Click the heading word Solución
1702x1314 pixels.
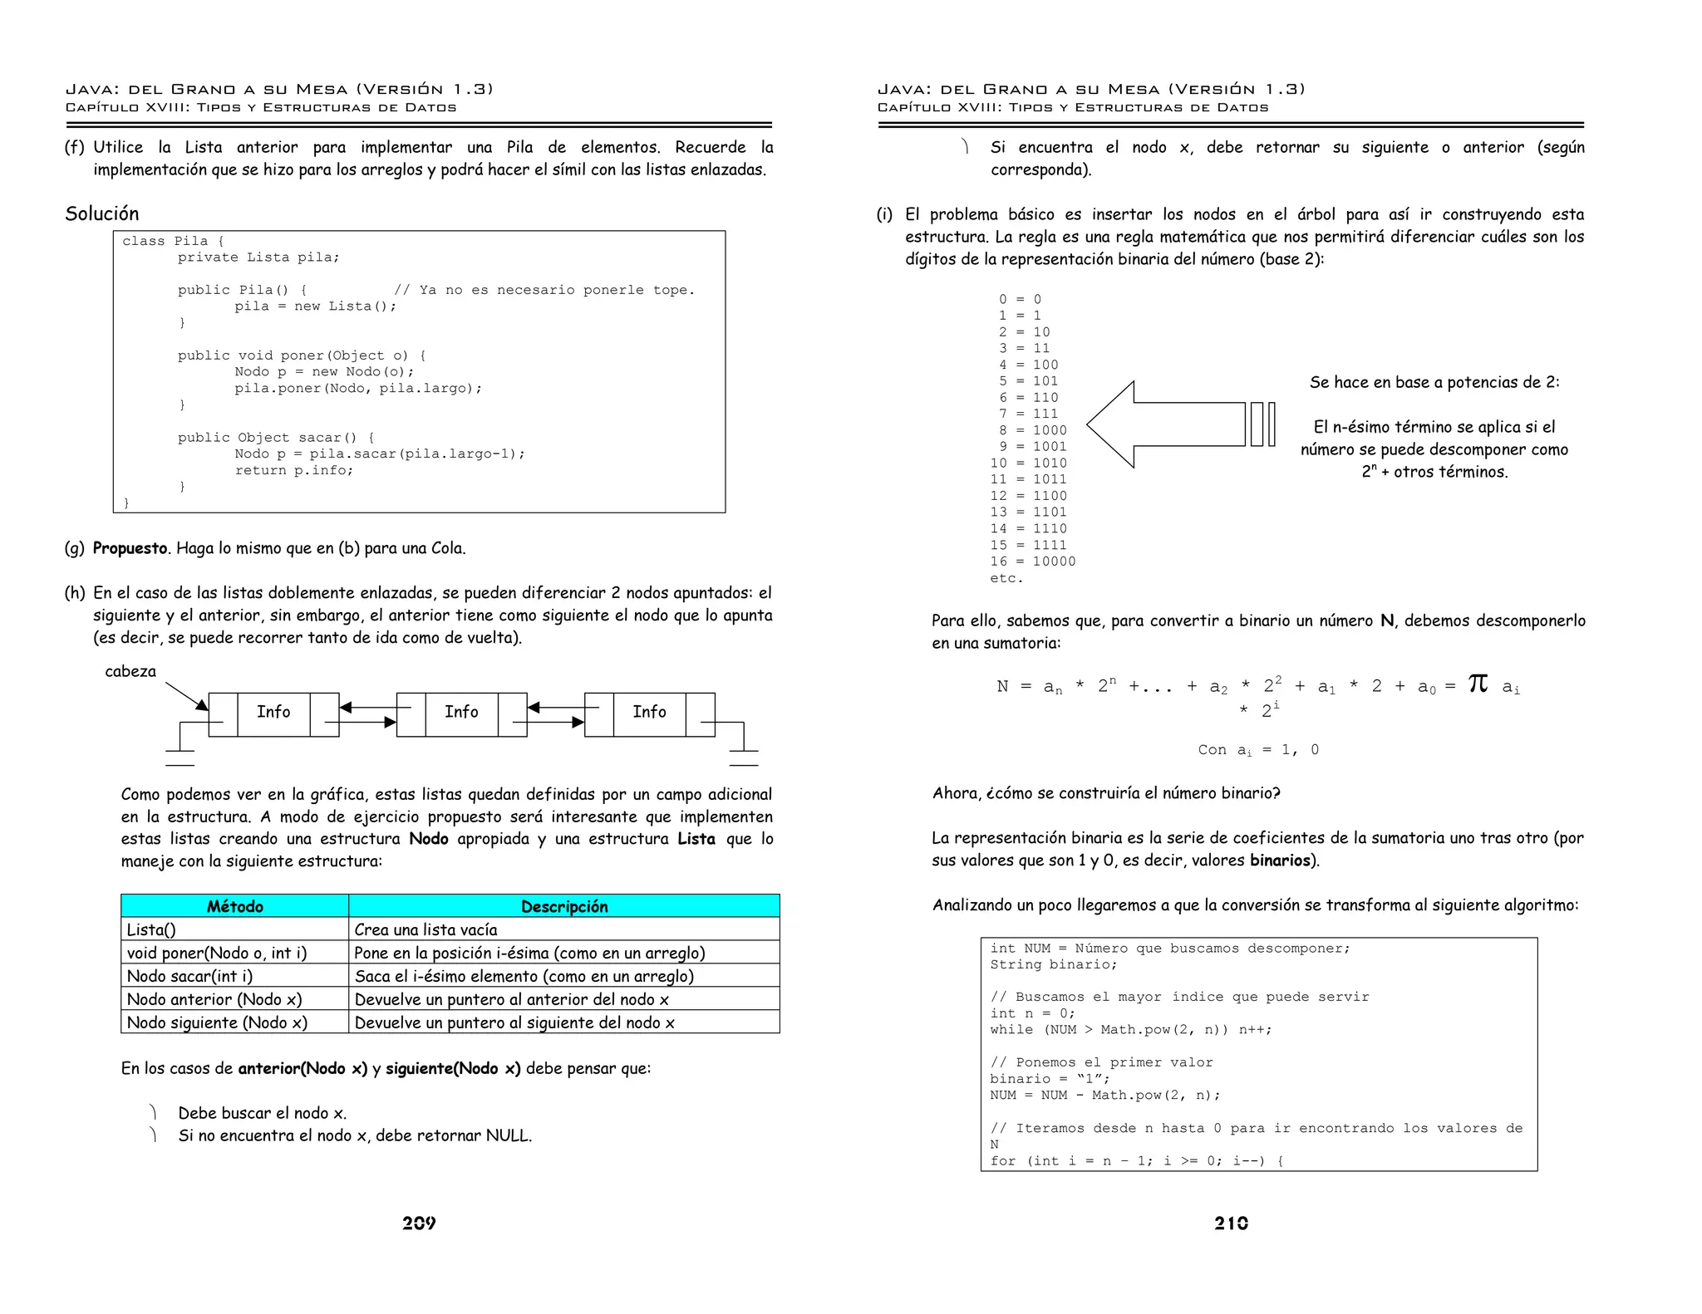[x=102, y=213]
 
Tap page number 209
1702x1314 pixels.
[x=419, y=1223]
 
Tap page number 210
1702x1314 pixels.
[x=1231, y=1223]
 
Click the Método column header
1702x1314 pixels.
[x=234, y=906]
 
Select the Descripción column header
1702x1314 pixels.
[x=564, y=906]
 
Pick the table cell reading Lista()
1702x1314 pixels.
[x=151, y=929]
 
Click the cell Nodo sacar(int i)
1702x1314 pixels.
[x=189, y=976]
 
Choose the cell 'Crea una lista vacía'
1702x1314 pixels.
[x=425, y=929]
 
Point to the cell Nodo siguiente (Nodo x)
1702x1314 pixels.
[x=217, y=1022]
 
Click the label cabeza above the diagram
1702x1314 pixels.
[x=130, y=671]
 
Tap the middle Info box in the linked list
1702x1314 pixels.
[x=461, y=712]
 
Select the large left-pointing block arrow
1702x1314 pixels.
[x=1172, y=424]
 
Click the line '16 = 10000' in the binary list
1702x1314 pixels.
[x=1033, y=561]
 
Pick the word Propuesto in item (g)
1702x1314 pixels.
[x=130, y=548]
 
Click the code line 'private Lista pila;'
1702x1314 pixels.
[x=258, y=257]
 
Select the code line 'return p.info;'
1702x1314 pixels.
[x=293, y=470]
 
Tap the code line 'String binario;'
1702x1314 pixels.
[x=1053, y=964]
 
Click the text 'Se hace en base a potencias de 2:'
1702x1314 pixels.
[x=1434, y=382]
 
